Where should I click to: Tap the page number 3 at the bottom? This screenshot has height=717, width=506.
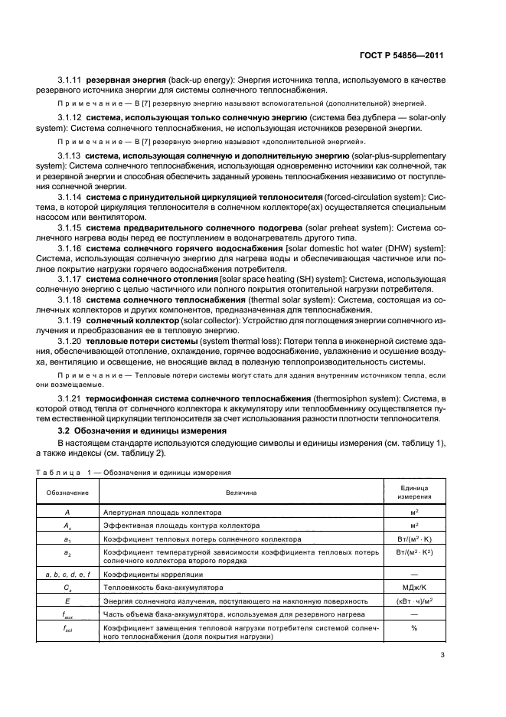[x=442, y=654]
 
